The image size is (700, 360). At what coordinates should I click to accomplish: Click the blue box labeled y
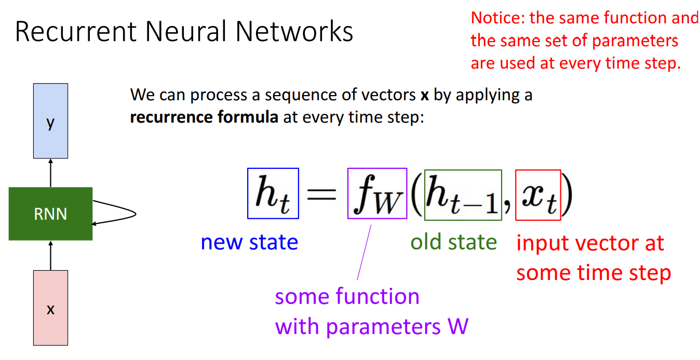[50, 121]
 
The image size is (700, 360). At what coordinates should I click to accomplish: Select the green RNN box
[50, 214]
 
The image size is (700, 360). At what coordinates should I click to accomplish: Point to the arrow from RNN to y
[50, 172]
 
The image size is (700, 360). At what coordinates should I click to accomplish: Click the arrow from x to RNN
[50, 255]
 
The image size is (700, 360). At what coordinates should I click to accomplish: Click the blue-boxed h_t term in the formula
[273, 193]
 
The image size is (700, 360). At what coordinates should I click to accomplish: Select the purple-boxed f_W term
[377, 193]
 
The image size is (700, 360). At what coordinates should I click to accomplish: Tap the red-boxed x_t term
[538, 195]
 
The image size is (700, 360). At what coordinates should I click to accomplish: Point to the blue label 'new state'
[249, 242]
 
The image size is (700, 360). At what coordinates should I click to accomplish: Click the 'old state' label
[453, 242]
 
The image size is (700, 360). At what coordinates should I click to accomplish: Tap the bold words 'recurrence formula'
[204, 117]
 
